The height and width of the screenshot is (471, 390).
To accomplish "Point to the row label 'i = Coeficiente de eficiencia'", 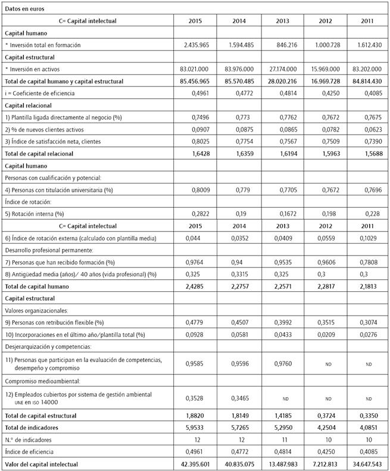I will tap(42, 93).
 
